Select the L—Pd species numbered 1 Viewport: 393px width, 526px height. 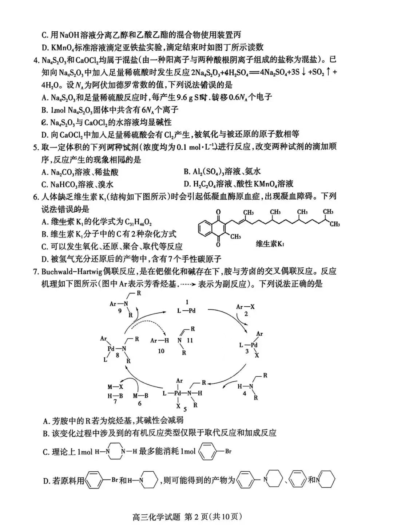click(186, 310)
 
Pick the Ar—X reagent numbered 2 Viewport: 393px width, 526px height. click(245, 307)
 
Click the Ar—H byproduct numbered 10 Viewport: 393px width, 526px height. click(160, 341)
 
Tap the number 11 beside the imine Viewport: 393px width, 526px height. click(190, 340)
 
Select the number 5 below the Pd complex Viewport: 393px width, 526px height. click(185, 409)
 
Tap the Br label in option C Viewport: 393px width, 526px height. click(228, 451)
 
